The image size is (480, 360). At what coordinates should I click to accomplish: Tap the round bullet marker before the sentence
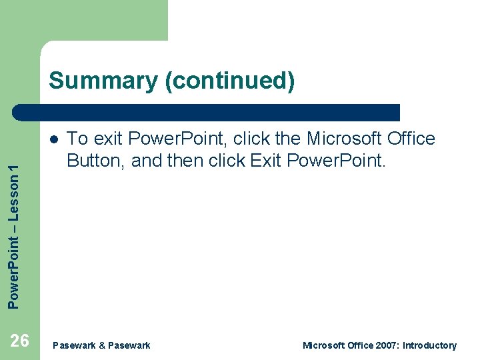point(53,139)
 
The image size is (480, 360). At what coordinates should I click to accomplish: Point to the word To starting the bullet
point(78,139)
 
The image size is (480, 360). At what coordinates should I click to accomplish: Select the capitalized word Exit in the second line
point(269,161)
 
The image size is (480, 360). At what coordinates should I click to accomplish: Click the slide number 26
point(20,341)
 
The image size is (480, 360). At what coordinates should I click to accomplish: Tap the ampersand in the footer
point(102,345)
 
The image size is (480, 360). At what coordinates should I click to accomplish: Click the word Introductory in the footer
point(429,345)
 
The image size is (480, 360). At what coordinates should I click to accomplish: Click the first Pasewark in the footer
point(73,345)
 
